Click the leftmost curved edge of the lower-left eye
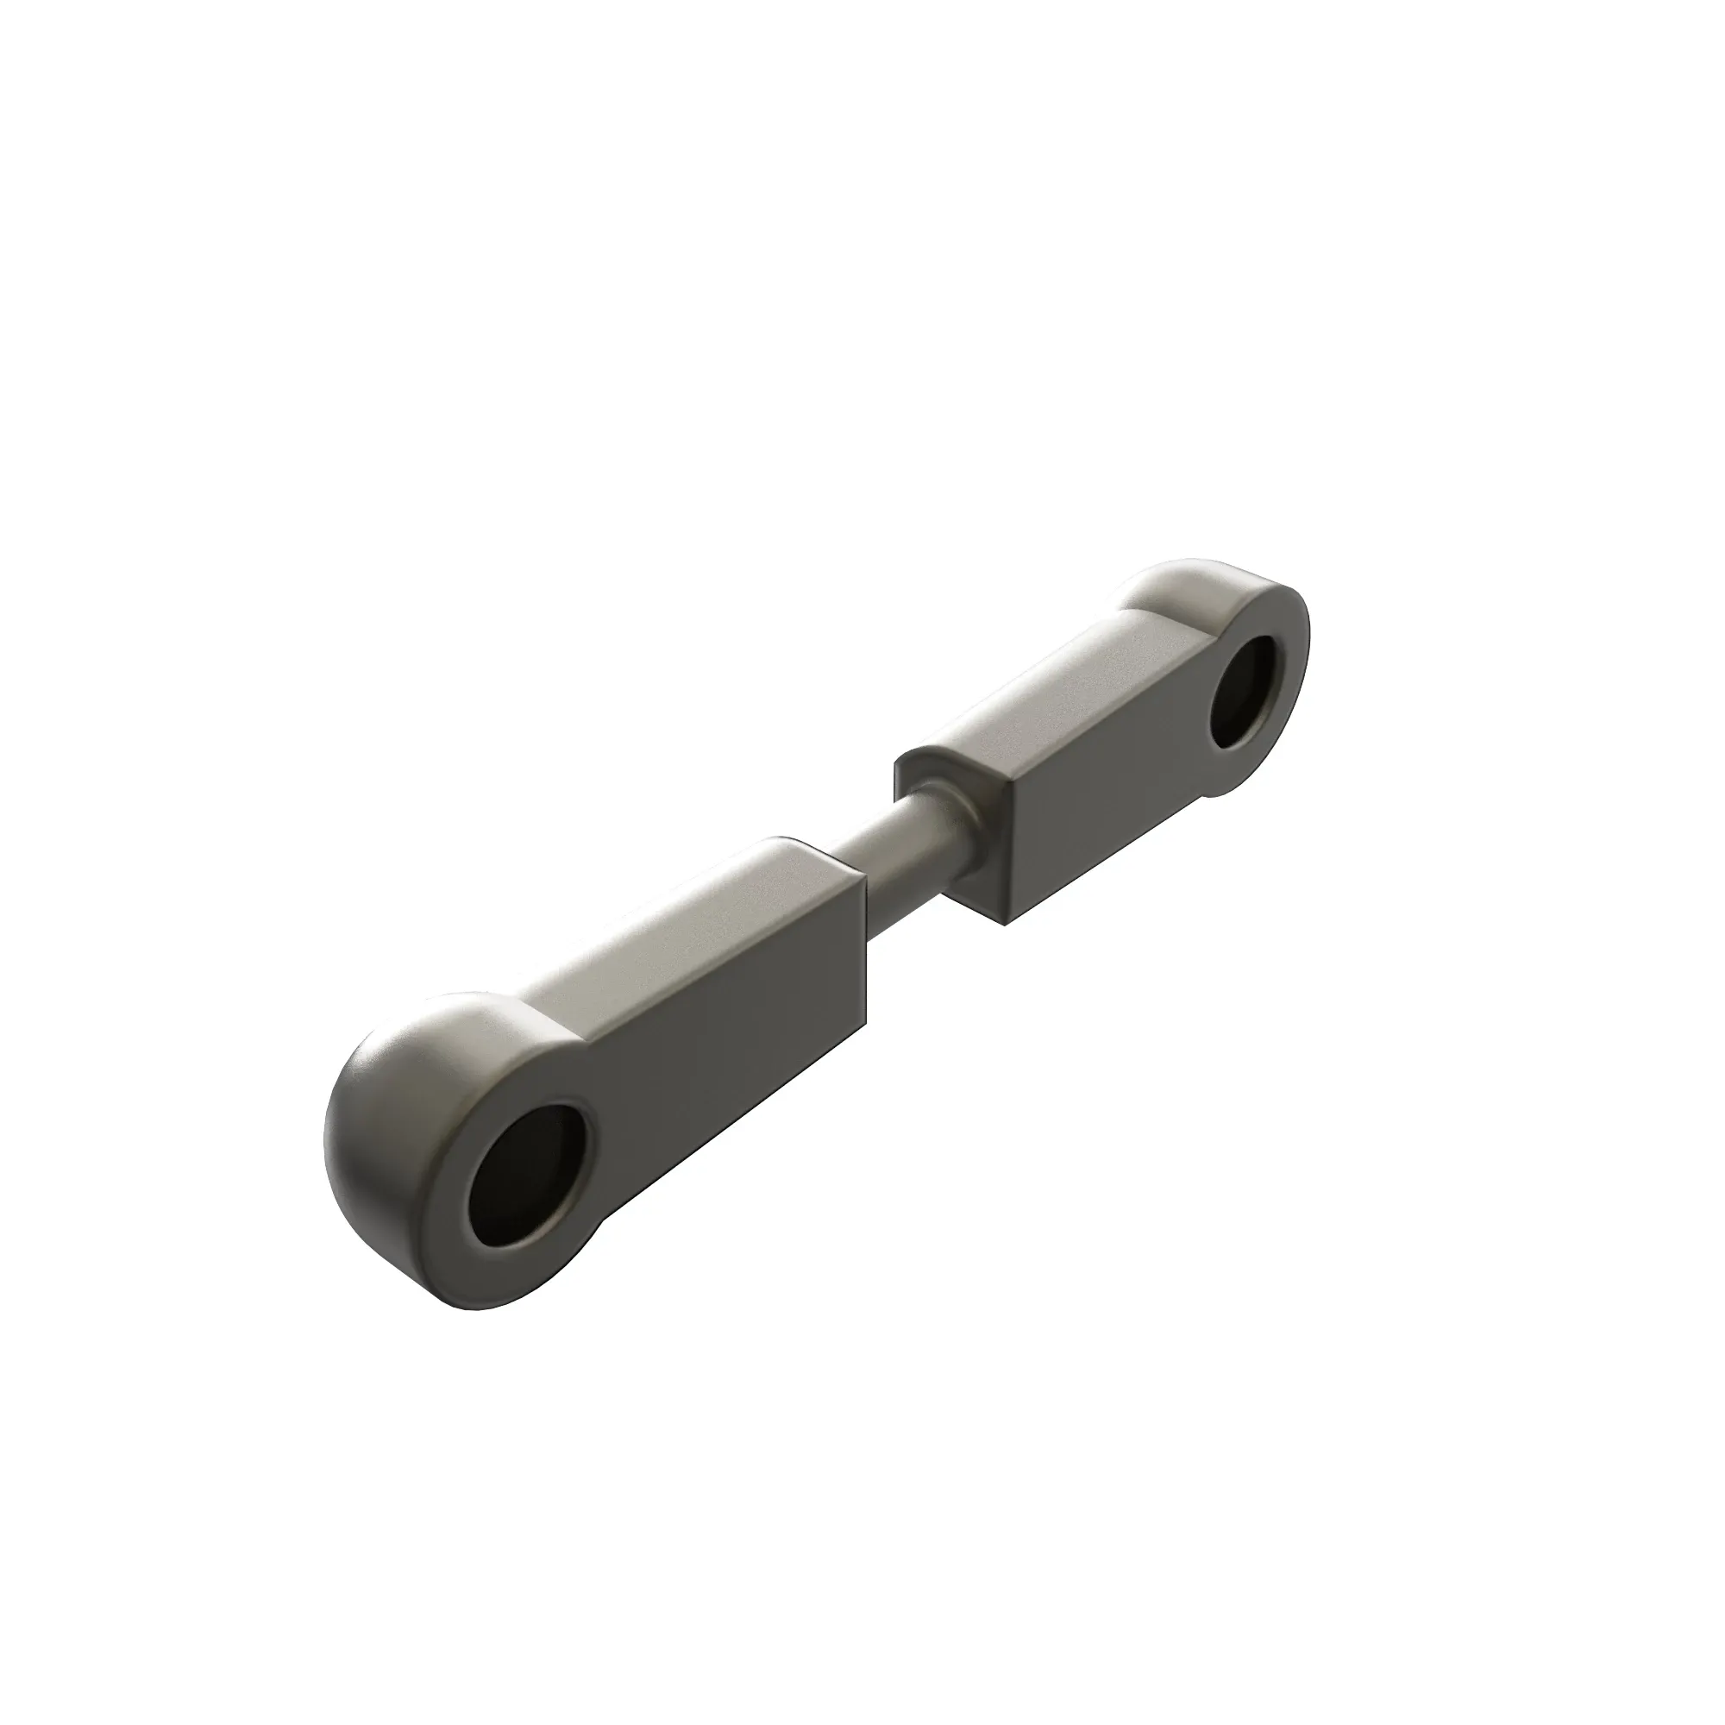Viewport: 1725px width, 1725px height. [x=327, y=1151]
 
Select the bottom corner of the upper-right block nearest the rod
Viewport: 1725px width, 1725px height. [x=1006, y=921]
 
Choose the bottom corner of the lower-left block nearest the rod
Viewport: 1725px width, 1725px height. [x=864, y=1025]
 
